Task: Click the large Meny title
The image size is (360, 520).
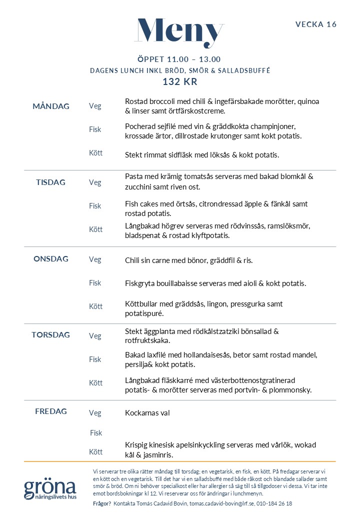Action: pyautogui.click(x=179, y=32)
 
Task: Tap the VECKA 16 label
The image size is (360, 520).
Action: pyautogui.click(x=316, y=24)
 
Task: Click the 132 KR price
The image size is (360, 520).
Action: pyautogui.click(x=179, y=82)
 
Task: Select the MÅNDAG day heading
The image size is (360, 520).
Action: pyautogui.click(x=51, y=106)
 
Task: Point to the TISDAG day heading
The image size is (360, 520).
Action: pyautogui.click(x=50, y=182)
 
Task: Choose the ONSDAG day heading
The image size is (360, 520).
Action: pyautogui.click(x=51, y=259)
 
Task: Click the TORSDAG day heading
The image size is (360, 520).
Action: pyautogui.click(x=50, y=335)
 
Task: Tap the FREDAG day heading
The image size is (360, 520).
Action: pyautogui.click(x=51, y=411)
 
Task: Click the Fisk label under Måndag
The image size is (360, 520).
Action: pyautogui.click(x=95, y=129)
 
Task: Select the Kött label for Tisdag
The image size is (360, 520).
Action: pyautogui.click(x=95, y=229)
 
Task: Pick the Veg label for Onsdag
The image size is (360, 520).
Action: pyautogui.click(x=95, y=259)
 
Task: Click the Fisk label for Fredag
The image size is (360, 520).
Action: pyautogui.click(x=95, y=433)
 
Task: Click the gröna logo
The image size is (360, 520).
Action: pyautogui.click(x=50, y=489)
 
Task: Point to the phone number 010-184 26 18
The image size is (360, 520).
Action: pyautogui.click(x=275, y=503)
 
